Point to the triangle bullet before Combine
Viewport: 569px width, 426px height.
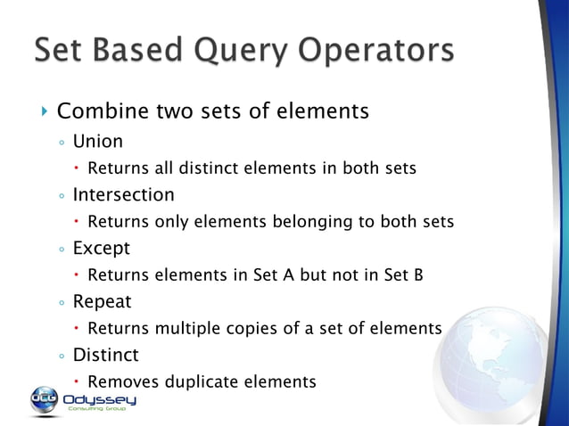coord(45,111)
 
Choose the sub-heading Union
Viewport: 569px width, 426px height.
coord(97,141)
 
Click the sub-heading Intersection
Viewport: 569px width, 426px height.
coord(123,194)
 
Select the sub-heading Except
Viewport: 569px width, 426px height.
coord(101,248)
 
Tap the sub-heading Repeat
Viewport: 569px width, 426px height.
coord(102,301)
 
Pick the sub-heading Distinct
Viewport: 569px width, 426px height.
coord(105,355)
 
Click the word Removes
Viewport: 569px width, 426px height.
coord(119,381)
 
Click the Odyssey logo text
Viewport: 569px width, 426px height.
coord(99,398)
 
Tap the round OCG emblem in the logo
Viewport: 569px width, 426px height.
coord(44,398)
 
